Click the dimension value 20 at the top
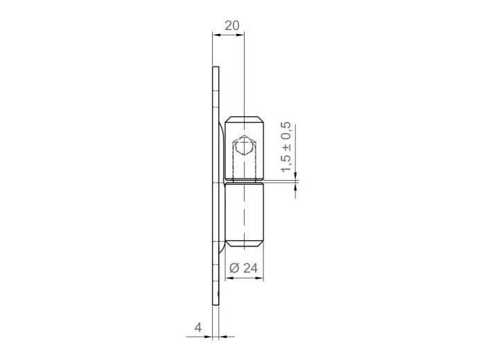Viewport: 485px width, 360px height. pyautogui.click(x=232, y=26)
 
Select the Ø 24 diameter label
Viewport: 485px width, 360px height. pyautogui.click(x=244, y=268)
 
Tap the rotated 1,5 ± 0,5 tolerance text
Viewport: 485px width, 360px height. pyautogui.click(x=285, y=147)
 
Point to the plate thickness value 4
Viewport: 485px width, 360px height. pyautogui.click(x=198, y=327)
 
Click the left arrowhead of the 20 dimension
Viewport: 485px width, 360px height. pyautogui.click(x=216, y=35)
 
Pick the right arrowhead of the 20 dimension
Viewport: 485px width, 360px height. pyautogui.click(x=240, y=35)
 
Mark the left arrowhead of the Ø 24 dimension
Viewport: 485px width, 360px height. pyautogui.click(x=229, y=278)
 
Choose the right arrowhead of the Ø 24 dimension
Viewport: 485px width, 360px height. pyautogui.click(x=260, y=278)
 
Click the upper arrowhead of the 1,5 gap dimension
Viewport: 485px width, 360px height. pyautogui.click(x=295, y=176)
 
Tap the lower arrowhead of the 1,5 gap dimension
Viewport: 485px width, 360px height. pyautogui.click(x=295, y=186)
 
